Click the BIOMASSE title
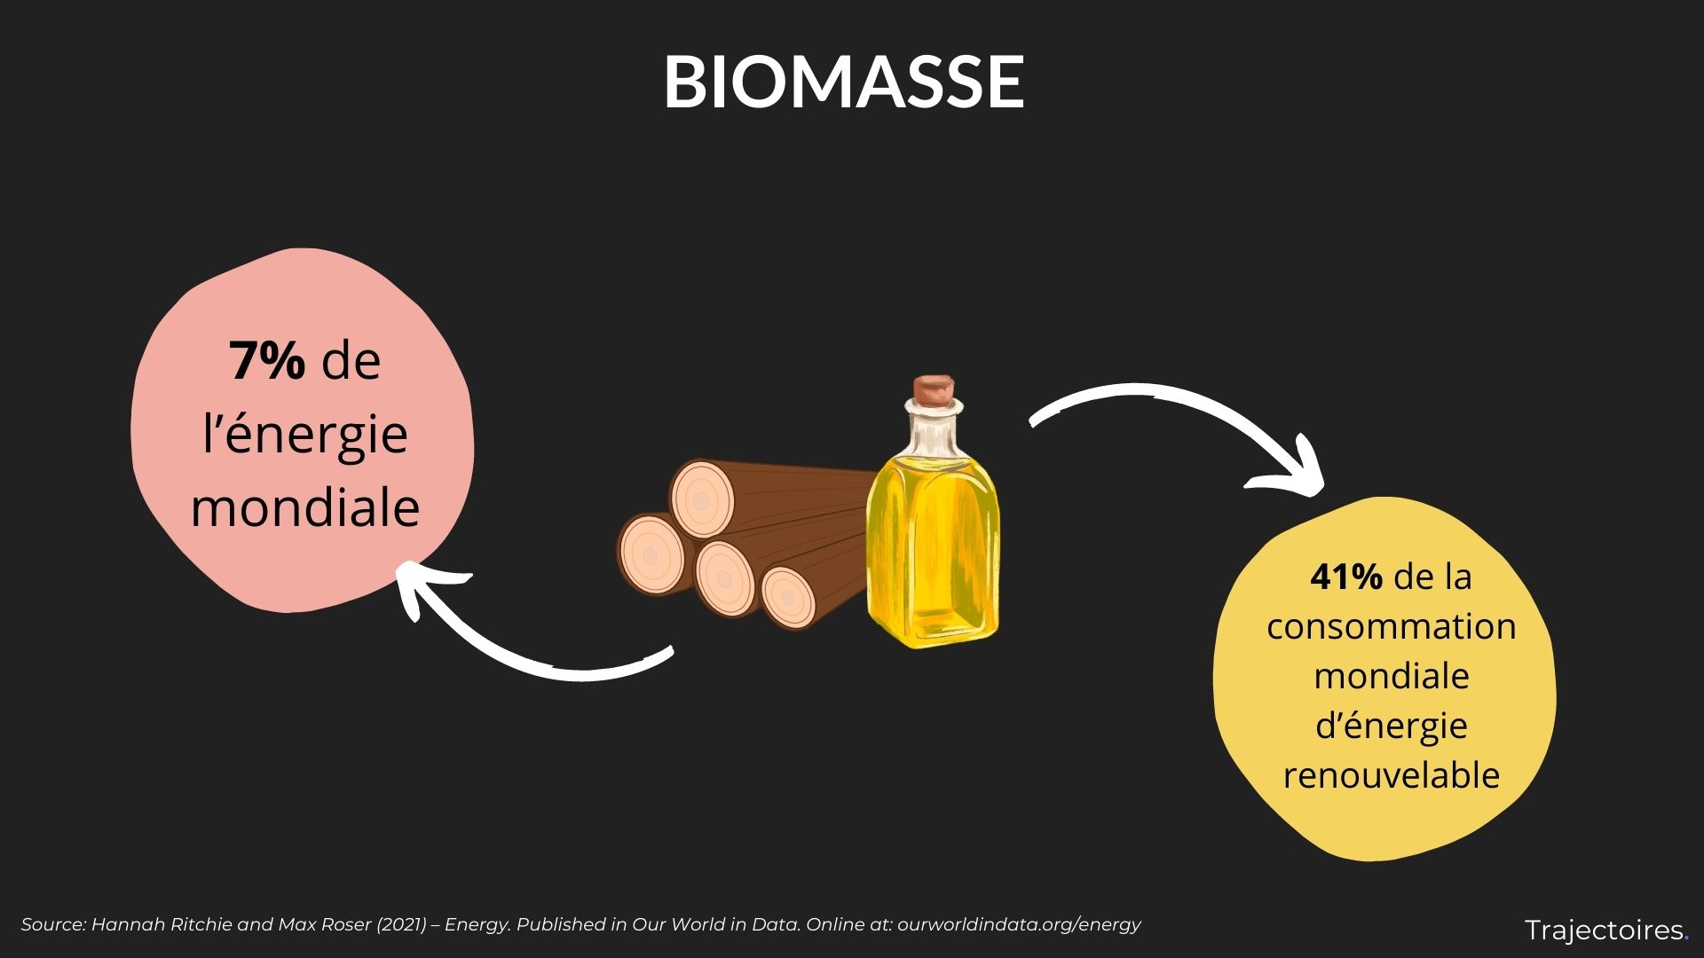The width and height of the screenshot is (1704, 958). coord(844,82)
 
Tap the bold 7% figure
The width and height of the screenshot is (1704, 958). coord(267,360)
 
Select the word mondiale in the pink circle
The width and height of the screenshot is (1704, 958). coord(304,507)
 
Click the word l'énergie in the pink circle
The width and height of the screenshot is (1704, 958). coord(304,435)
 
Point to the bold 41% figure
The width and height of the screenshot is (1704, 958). coord(1345,577)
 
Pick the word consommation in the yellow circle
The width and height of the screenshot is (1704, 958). coord(1391,627)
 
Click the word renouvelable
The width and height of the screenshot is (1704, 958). coord(1391,775)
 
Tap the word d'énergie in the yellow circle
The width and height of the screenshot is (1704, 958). coord(1391,726)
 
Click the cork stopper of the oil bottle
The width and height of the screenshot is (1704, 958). coord(935,390)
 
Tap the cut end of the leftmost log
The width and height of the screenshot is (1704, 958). coord(651,555)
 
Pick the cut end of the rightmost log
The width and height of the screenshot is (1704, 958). coord(788,599)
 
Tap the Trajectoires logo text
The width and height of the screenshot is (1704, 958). coord(1605,931)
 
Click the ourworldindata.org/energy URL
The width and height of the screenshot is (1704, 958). coord(1018,924)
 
